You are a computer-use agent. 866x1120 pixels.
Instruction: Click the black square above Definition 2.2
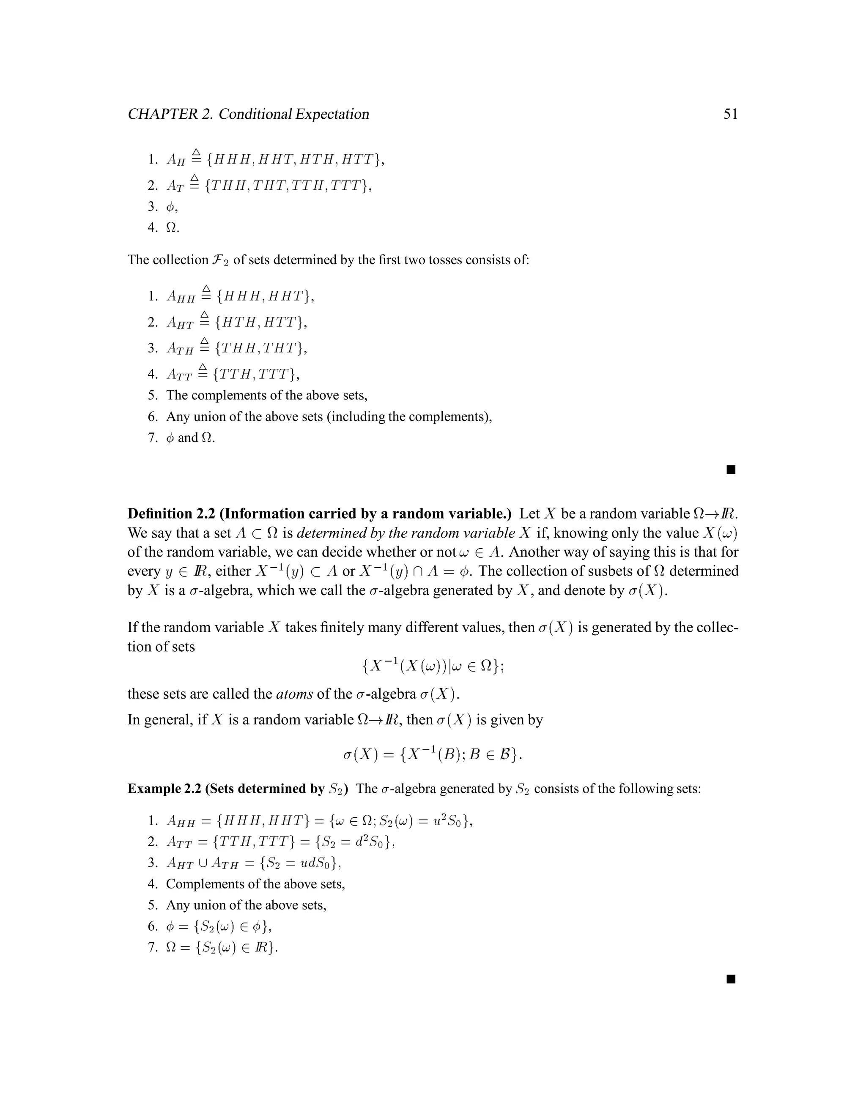(731, 470)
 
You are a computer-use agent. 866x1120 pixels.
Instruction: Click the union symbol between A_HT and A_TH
(203, 863)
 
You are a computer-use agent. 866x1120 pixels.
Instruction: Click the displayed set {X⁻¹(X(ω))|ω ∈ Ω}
(433, 666)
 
